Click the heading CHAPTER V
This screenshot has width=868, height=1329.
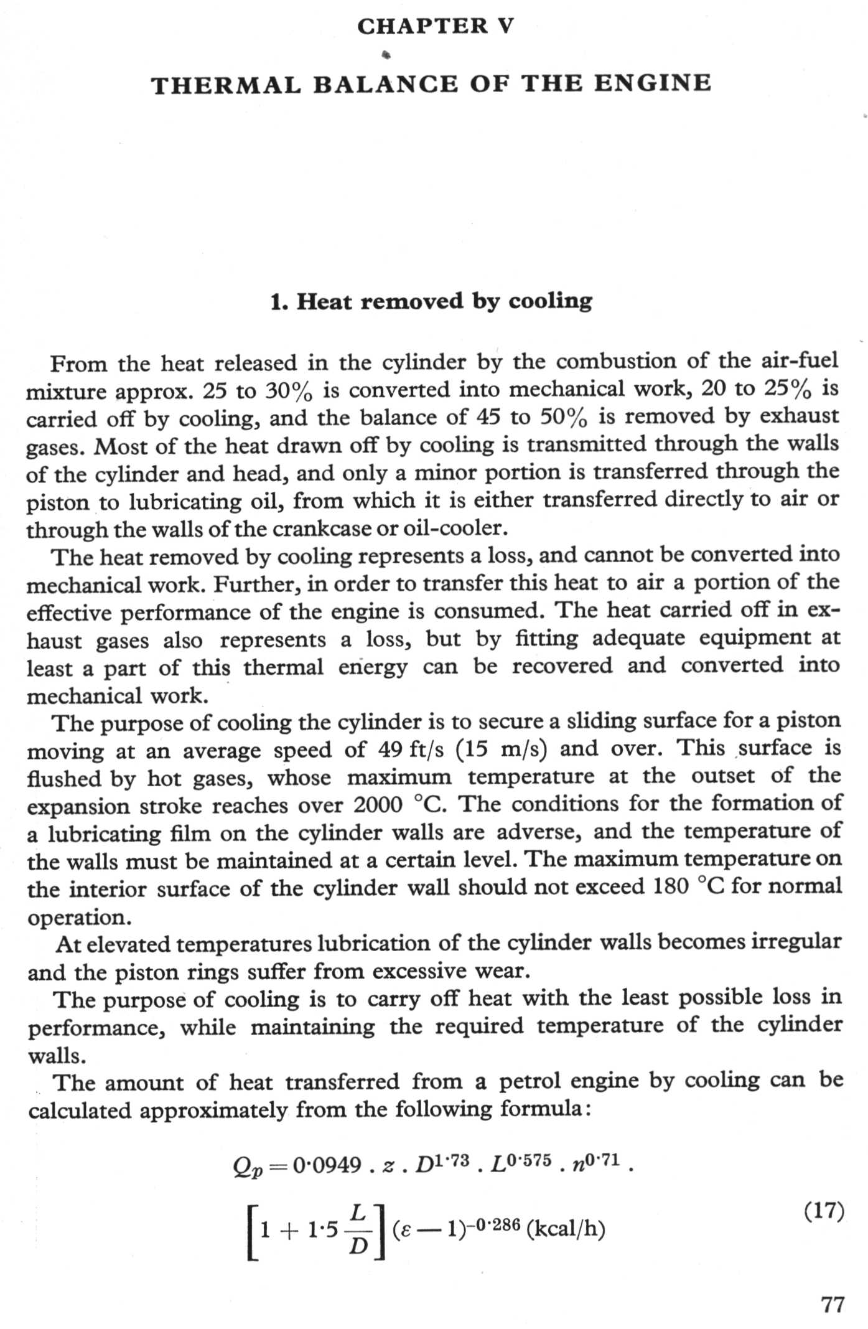pyautogui.click(x=435, y=26)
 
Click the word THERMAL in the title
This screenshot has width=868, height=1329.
pyautogui.click(x=226, y=85)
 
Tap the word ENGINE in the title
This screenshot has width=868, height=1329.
pyautogui.click(x=652, y=83)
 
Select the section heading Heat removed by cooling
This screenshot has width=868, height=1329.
pyautogui.click(x=431, y=301)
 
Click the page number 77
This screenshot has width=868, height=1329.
pyautogui.click(x=833, y=1304)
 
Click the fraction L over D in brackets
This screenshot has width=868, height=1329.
pyautogui.click(x=358, y=1229)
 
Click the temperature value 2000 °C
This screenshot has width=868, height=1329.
pyautogui.click(x=399, y=805)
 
